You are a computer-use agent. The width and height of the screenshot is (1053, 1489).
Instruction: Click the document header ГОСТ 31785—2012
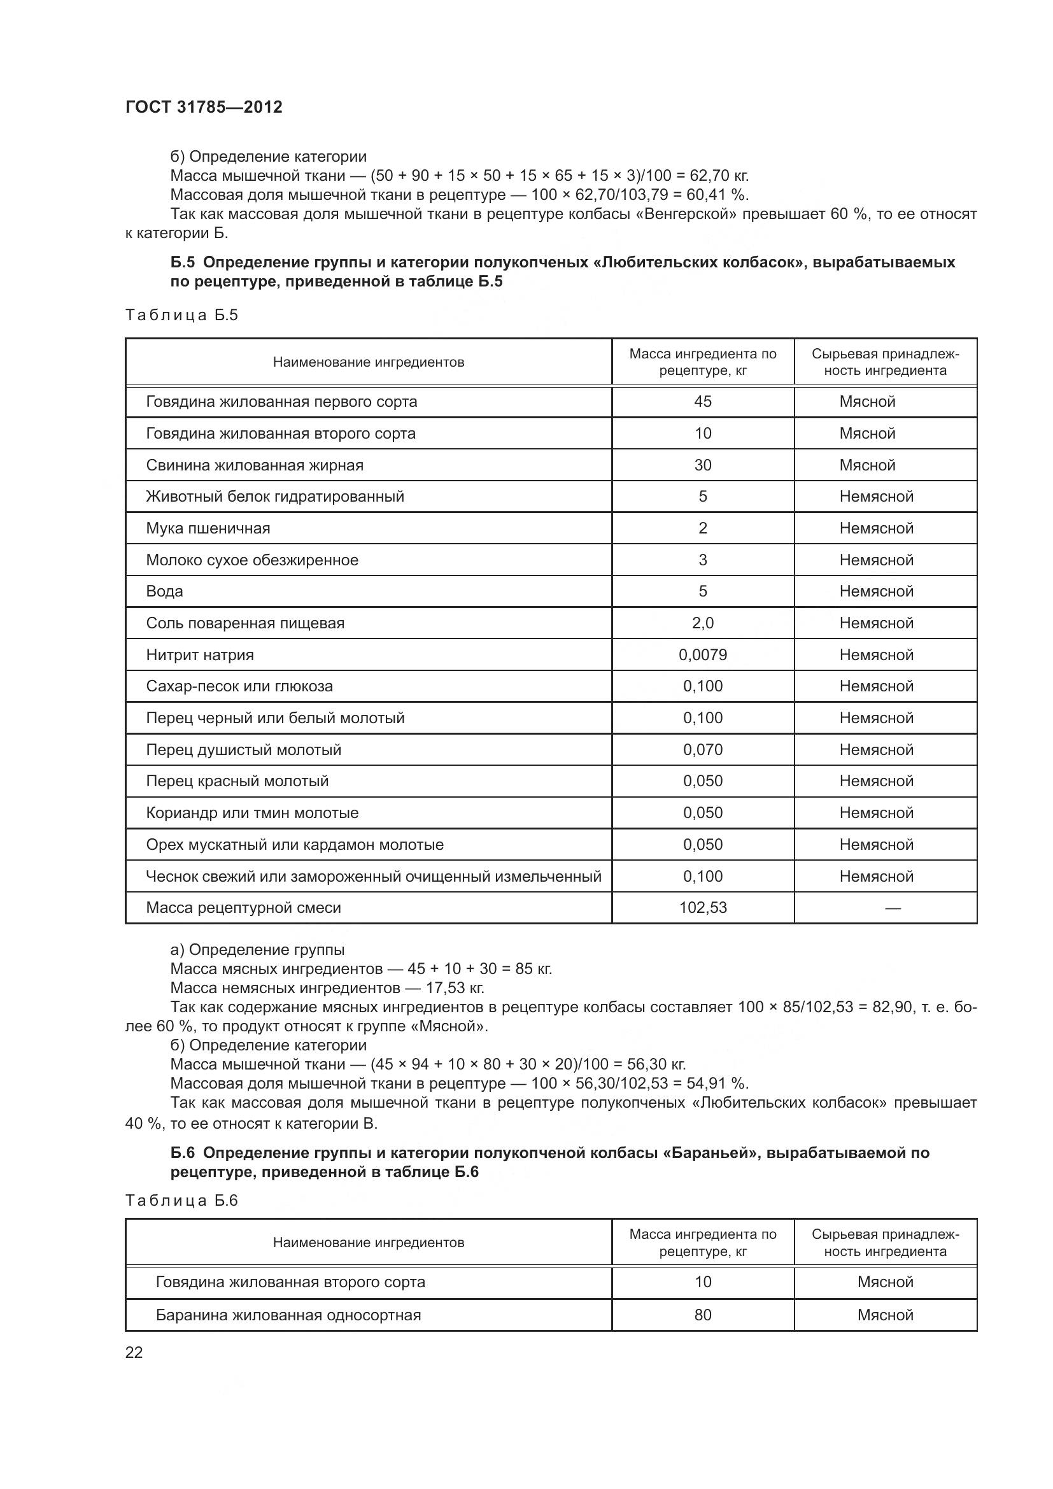[x=204, y=107]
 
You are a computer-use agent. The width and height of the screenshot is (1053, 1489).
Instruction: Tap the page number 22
[x=134, y=1352]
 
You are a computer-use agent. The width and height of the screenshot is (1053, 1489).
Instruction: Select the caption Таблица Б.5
[x=181, y=315]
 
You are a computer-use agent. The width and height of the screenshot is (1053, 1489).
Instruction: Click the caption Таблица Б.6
[x=181, y=1201]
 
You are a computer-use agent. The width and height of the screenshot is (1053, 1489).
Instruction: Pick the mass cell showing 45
[x=702, y=402]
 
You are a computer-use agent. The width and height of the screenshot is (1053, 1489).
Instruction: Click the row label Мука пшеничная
[x=208, y=528]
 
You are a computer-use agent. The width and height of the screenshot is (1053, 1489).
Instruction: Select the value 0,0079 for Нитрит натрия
[x=702, y=654]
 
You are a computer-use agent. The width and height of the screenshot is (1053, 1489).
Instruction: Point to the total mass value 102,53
[x=702, y=907]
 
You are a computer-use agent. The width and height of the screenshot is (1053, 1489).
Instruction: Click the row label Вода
[x=165, y=591]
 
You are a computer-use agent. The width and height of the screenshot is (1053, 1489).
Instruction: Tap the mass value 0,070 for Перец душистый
[x=702, y=750]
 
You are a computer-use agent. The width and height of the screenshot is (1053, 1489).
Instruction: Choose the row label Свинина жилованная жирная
[x=254, y=465]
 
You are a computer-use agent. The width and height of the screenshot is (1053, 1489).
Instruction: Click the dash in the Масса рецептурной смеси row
[x=892, y=908]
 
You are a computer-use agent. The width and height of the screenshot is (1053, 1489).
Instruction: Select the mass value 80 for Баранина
[x=702, y=1315]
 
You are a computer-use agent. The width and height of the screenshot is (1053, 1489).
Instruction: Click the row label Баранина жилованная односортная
[x=288, y=1315]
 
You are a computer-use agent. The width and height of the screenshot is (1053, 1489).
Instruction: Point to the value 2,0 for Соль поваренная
[x=702, y=623]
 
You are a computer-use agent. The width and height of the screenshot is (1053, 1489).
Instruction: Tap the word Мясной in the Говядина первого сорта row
[x=867, y=402]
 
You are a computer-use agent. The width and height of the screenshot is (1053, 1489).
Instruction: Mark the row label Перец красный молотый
[x=237, y=781]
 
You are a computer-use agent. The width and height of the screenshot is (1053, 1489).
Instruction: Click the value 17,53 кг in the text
[x=455, y=988]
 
